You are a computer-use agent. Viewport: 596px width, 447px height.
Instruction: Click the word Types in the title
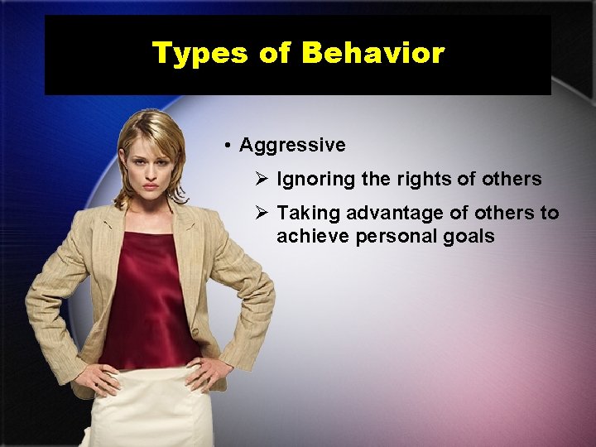pyautogui.click(x=200, y=54)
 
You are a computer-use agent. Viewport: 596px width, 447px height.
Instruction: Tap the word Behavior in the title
pyautogui.click(x=373, y=54)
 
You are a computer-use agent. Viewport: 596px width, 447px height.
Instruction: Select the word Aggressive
pyautogui.click(x=292, y=146)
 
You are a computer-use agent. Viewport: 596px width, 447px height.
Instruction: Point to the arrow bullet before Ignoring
pyautogui.click(x=262, y=179)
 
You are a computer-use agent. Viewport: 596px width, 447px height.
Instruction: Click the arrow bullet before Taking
pyautogui.click(x=262, y=213)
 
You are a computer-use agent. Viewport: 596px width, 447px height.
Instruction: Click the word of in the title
pyautogui.click(x=274, y=54)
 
